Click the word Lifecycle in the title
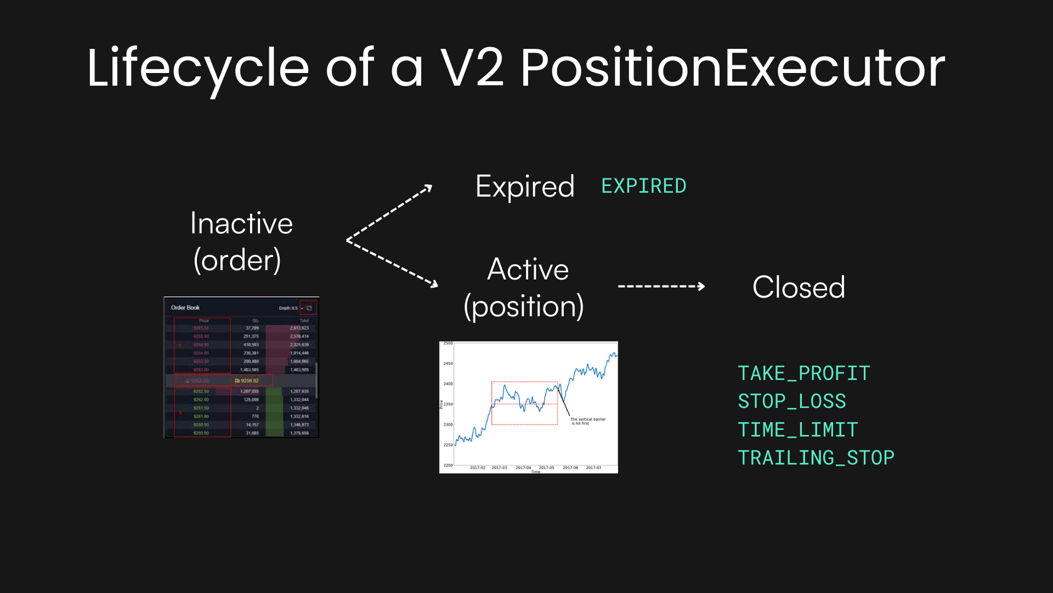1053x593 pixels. point(197,69)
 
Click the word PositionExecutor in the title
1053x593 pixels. point(732,69)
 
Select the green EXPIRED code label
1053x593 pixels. point(644,186)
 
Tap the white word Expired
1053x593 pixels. point(525,187)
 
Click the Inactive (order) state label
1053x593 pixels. point(241,242)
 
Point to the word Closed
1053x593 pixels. point(799,287)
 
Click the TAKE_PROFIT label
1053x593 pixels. point(803,373)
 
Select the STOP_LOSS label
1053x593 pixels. point(791,401)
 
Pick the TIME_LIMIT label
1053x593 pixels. point(797,430)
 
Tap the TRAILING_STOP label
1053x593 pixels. point(816,458)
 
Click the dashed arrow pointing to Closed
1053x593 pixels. point(661,286)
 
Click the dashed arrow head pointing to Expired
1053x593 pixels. point(428,189)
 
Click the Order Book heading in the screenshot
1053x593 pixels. point(185,307)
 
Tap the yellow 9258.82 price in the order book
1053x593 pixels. point(248,381)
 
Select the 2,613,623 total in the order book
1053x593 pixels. point(299,328)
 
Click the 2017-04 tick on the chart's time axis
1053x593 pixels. point(523,468)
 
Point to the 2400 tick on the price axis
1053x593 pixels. point(448,384)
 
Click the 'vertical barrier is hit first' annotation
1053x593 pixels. point(587,421)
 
